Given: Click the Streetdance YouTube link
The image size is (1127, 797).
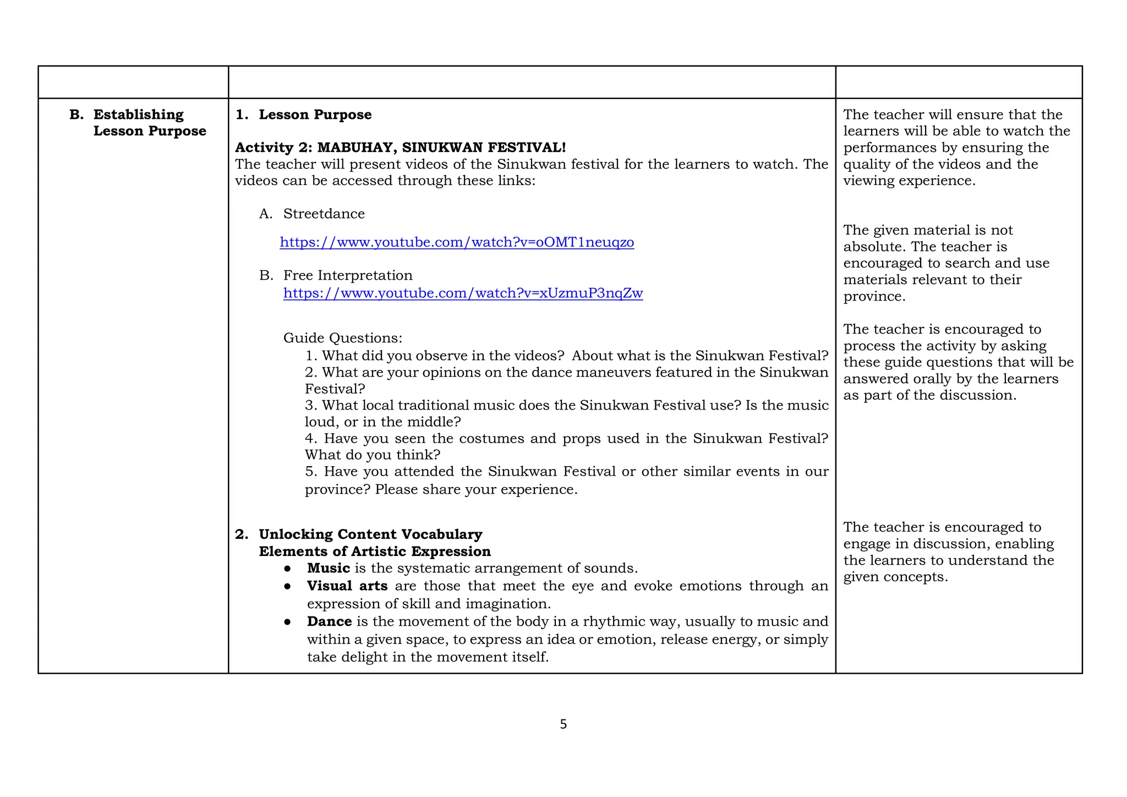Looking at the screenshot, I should coord(457,242).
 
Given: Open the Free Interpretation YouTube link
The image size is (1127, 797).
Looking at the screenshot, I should coord(463,293).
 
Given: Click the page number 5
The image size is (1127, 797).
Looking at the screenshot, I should coord(563,724).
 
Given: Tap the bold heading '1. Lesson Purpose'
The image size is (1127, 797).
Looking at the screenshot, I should coord(304,114).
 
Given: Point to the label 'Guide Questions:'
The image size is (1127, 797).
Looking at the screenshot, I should coord(342,338).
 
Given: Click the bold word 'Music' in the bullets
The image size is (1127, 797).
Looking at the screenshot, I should coord(329,568).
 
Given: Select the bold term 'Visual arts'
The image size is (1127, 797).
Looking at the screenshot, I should coord(347,586).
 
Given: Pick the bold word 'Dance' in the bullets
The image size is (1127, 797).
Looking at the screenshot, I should coord(329,621).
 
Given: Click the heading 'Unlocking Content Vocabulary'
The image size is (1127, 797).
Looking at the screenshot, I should coord(370,534).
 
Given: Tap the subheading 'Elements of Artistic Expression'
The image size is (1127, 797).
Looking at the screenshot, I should coord(375,552).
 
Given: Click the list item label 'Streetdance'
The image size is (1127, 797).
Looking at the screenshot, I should coord(324,214).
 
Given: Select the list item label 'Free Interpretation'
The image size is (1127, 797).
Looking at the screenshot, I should coord(348,275).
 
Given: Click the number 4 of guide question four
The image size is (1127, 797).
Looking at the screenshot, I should coord(309,439).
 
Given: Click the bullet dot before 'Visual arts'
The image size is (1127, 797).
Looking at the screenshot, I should coord(287,586).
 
